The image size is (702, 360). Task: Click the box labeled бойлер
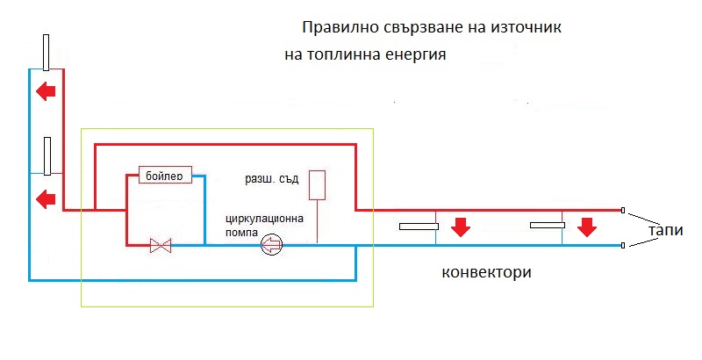[x=165, y=176]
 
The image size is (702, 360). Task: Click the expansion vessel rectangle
[x=319, y=184]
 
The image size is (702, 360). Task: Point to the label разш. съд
[x=272, y=180]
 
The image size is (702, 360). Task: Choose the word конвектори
[x=487, y=272]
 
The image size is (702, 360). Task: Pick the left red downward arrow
[x=459, y=228]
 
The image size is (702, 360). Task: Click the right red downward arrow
[x=587, y=228]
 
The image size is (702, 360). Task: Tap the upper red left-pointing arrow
[x=45, y=90]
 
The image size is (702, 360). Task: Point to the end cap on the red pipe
[x=623, y=211]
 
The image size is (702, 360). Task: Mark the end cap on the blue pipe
[x=623, y=246]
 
